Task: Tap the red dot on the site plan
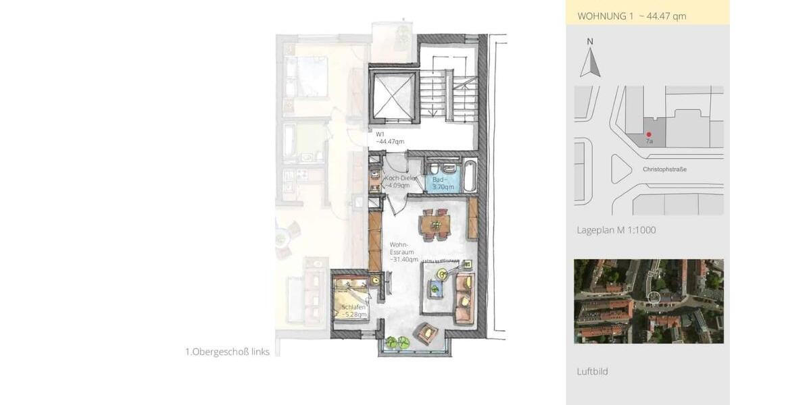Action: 649,134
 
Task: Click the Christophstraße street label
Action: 665,169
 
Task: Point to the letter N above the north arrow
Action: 590,42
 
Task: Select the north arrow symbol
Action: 590,63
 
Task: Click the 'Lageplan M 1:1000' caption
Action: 616,230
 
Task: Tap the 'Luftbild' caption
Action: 592,371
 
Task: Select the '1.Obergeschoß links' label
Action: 227,352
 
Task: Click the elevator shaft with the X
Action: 394,95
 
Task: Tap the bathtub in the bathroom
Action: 470,176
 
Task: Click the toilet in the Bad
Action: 434,169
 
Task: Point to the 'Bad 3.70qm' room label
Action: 443,184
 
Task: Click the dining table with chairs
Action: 435,225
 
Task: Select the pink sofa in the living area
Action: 464,298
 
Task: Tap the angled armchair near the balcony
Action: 426,333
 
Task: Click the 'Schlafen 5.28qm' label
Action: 353,311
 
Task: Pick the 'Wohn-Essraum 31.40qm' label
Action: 403,252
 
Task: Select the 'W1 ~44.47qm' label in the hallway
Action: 390,138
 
